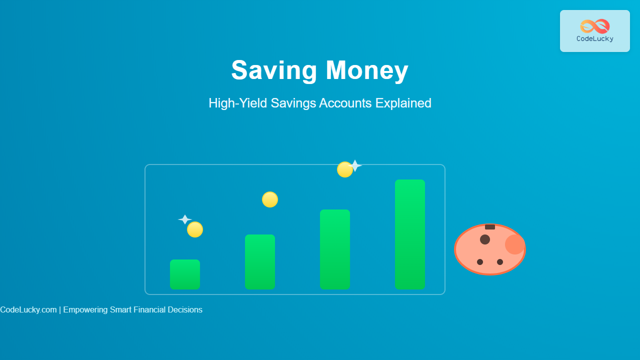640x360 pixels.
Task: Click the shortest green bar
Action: coord(185,274)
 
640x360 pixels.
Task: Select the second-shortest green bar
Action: coord(260,262)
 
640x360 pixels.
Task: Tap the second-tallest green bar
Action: coord(335,249)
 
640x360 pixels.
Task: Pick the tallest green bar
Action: coord(410,234)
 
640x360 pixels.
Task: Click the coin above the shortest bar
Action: coord(195,229)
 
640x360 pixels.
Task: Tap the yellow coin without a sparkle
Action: coord(270,199)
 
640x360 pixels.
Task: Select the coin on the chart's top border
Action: coord(345,169)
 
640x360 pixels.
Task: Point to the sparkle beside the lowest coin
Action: coord(185,219)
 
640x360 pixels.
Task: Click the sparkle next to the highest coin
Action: coord(355,165)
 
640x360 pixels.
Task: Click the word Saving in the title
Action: coord(274,70)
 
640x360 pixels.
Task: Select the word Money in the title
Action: coord(367,70)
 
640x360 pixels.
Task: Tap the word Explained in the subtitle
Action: coord(403,103)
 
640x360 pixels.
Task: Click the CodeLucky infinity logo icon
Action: coord(595,26)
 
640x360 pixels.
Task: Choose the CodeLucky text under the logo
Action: coord(595,39)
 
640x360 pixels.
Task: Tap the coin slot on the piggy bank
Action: coord(490,227)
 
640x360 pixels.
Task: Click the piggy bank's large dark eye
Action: coord(485,239)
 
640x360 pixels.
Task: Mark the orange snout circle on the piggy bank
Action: coord(515,244)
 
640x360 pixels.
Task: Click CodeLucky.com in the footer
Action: coord(28,309)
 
